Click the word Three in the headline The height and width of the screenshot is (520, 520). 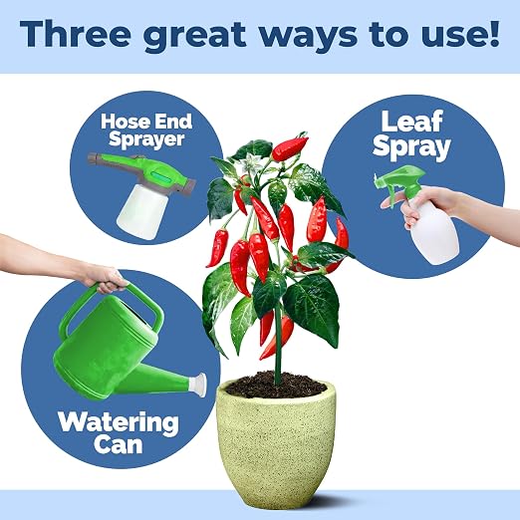[x=76, y=34]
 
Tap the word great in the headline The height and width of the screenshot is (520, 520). [x=195, y=37]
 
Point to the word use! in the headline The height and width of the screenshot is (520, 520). [x=460, y=35]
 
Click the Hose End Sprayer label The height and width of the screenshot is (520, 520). [x=146, y=130]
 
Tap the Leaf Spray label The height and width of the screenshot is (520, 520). [x=411, y=135]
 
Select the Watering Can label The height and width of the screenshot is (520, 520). [x=118, y=432]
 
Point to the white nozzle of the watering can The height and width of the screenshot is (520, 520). [x=198, y=385]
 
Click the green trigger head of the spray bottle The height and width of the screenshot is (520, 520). [x=399, y=182]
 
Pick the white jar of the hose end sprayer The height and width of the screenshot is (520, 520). [x=142, y=211]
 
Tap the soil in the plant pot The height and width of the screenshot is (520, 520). [x=276, y=385]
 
